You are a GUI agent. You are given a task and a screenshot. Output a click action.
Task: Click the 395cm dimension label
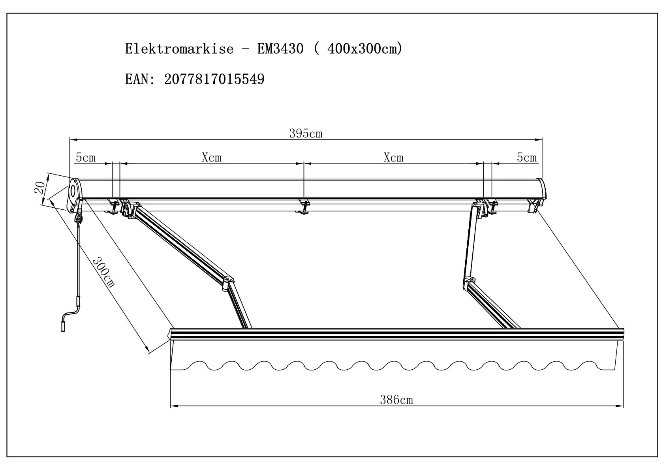click(306, 133)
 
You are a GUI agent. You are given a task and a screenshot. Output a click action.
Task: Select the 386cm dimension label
click(396, 400)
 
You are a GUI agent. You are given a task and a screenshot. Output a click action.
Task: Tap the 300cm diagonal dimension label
click(103, 272)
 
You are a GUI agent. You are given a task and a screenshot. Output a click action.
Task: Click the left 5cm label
click(86, 158)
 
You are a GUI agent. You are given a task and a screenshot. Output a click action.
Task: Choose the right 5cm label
click(526, 158)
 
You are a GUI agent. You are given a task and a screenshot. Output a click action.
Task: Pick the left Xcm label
click(212, 158)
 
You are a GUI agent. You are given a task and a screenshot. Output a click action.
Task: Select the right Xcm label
click(393, 158)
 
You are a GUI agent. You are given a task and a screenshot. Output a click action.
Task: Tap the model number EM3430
click(280, 49)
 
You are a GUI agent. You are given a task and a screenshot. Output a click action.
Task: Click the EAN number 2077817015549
click(214, 79)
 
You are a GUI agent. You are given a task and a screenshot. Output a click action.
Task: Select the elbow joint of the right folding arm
click(470, 281)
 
